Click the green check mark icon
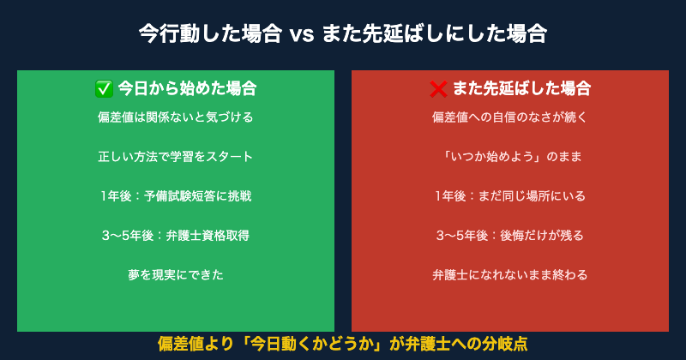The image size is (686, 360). click(104, 88)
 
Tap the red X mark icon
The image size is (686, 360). click(438, 88)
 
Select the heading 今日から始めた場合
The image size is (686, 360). click(186, 88)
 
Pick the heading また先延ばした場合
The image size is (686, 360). click(521, 88)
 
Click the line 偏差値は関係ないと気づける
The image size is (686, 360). click(176, 117)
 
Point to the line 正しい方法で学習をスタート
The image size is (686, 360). click(176, 157)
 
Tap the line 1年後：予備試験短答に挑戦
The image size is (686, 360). click(176, 196)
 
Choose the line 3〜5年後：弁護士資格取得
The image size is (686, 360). click(176, 236)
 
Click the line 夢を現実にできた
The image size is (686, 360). click(176, 275)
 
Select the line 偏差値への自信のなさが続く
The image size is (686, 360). click(510, 117)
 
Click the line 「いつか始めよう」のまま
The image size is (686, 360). click(510, 157)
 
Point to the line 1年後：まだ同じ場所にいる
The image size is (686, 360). click(510, 196)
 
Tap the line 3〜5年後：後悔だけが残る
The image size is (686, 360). click(510, 236)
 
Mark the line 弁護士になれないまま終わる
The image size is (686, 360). click(510, 275)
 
